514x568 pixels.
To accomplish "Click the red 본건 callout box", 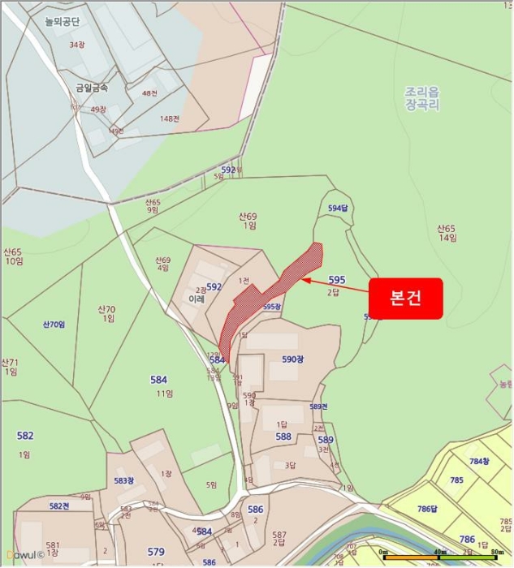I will [405, 298].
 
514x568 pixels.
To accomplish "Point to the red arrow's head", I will [304, 279].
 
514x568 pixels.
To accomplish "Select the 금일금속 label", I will [91, 87].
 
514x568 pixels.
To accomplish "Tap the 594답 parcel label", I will [338, 209].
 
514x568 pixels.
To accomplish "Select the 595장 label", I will [272, 307].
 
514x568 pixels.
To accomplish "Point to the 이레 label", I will [196, 299].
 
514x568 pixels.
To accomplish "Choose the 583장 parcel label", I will [123, 480].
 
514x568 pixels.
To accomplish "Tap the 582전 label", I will [59, 506].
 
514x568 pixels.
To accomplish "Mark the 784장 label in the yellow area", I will [480, 461].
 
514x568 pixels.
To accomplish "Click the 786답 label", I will [427, 509].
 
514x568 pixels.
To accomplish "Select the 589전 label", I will [318, 407].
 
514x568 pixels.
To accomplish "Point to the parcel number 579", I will [156, 552].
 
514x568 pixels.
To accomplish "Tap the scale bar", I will [438, 557].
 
